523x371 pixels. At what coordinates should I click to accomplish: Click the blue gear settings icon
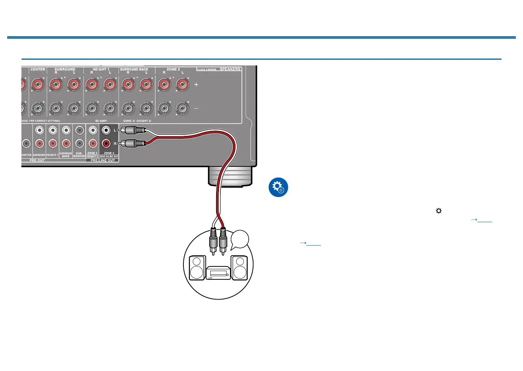pos(278,187)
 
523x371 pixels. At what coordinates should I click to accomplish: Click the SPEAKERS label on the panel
pos(230,69)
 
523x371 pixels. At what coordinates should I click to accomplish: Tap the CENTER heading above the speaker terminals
pos(38,69)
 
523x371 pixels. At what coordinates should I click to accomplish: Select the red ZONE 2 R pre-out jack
pos(106,143)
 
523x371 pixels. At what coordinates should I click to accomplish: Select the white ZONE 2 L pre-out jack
pos(106,130)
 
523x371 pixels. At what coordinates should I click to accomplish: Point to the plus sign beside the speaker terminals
pos(196,84)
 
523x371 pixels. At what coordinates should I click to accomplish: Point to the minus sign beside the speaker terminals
pos(196,108)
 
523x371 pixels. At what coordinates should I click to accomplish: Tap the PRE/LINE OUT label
pos(103,160)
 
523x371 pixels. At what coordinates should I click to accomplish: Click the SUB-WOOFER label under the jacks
pos(79,155)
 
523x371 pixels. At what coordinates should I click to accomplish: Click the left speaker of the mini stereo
pos(197,268)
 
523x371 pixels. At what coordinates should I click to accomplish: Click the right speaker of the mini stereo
pos(239,268)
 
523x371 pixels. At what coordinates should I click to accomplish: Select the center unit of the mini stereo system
pos(218,273)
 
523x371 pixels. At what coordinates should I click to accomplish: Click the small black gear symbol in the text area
pos(439,211)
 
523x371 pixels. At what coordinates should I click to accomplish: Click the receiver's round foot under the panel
pos(230,177)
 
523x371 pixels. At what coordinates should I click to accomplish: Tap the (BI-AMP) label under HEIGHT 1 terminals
pos(101,121)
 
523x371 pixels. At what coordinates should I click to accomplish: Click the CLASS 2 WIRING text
pos(206,69)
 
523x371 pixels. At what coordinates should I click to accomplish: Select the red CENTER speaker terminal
pos(38,85)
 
